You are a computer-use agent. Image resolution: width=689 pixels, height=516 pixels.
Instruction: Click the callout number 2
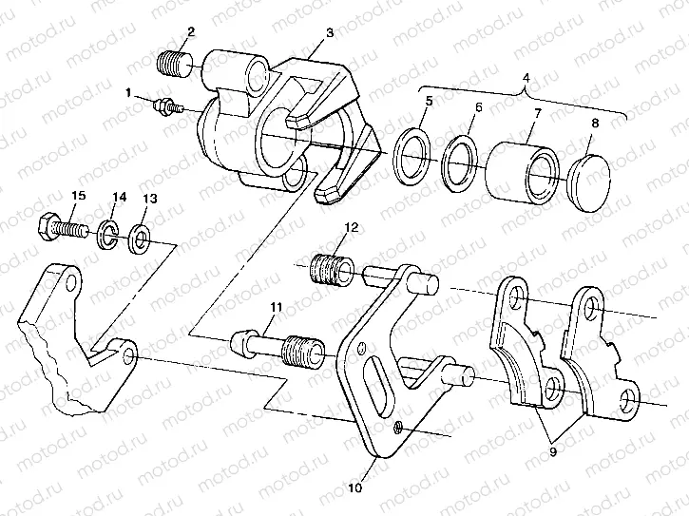[x=190, y=31]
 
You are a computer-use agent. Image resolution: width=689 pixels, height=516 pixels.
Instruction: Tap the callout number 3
[x=328, y=32]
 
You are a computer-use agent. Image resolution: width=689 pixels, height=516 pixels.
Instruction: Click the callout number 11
[x=277, y=306]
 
